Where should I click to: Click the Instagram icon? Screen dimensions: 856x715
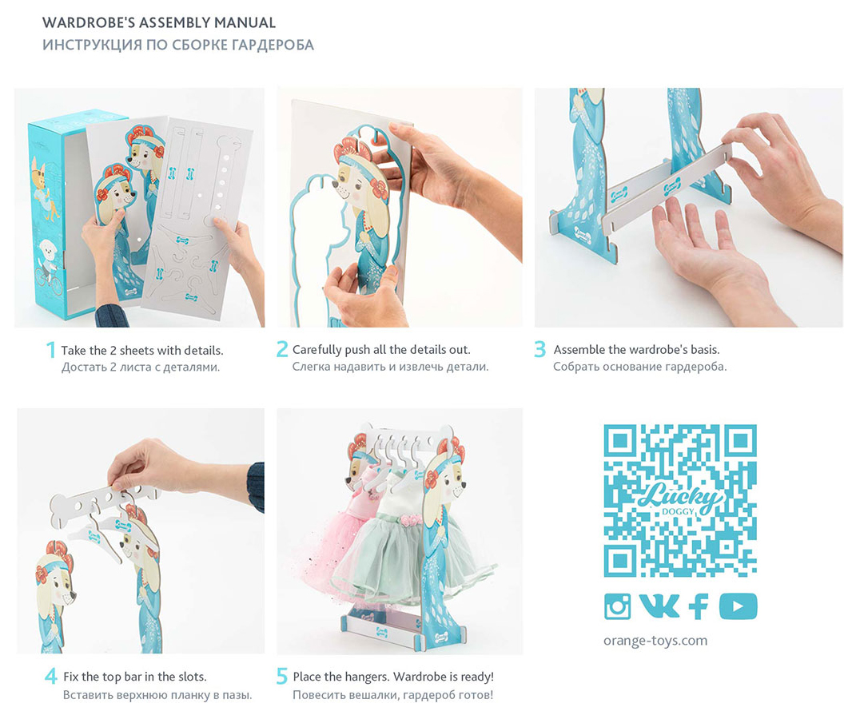click(x=618, y=606)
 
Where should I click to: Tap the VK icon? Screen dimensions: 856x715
click(x=659, y=606)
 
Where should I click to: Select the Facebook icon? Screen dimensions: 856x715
click(x=699, y=606)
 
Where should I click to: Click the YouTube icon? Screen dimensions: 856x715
click(x=738, y=606)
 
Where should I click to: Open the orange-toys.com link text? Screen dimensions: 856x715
click(x=655, y=640)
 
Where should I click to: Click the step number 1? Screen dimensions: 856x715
click(x=51, y=350)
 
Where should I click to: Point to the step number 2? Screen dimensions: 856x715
click(x=281, y=349)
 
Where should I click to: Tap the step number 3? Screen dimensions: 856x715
click(x=540, y=349)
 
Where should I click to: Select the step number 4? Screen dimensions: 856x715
click(x=51, y=676)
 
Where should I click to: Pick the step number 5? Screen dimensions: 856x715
click(x=281, y=676)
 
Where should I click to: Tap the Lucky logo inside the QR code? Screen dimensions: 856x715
click(x=679, y=498)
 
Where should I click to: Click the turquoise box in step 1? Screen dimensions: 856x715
click(x=52, y=213)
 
